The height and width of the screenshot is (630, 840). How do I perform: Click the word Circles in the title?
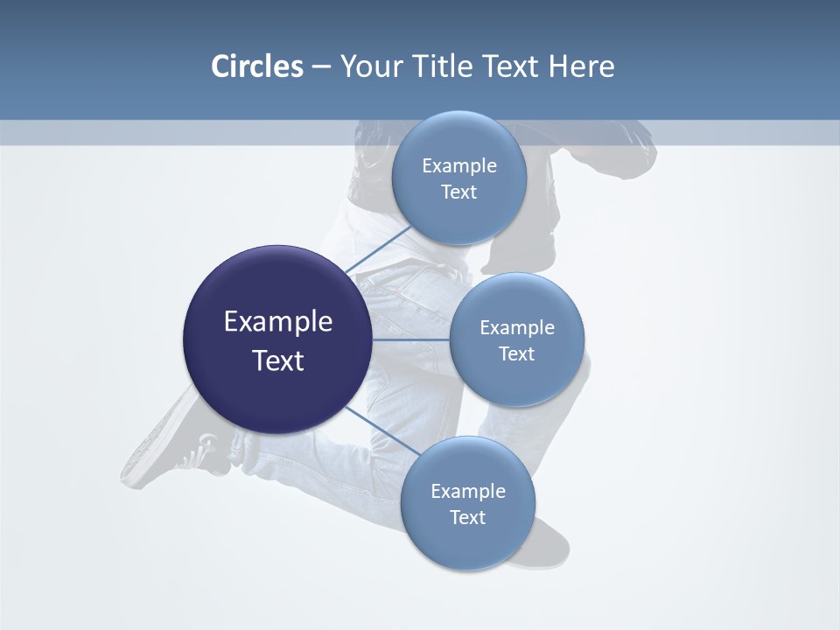click(256, 66)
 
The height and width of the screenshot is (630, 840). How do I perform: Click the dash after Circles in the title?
click(321, 67)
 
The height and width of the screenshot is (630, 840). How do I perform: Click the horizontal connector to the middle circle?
click(410, 339)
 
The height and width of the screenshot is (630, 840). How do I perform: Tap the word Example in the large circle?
click(278, 322)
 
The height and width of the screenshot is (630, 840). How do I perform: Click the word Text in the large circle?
click(278, 360)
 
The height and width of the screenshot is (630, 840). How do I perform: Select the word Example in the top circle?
click(459, 166)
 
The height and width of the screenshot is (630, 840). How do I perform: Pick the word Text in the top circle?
click(459, 192)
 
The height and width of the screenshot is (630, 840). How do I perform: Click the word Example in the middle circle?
click(517, 328)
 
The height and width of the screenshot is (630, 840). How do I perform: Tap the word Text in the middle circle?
click(517, 354)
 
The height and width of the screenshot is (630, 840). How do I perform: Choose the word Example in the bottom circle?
click(468, 492)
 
